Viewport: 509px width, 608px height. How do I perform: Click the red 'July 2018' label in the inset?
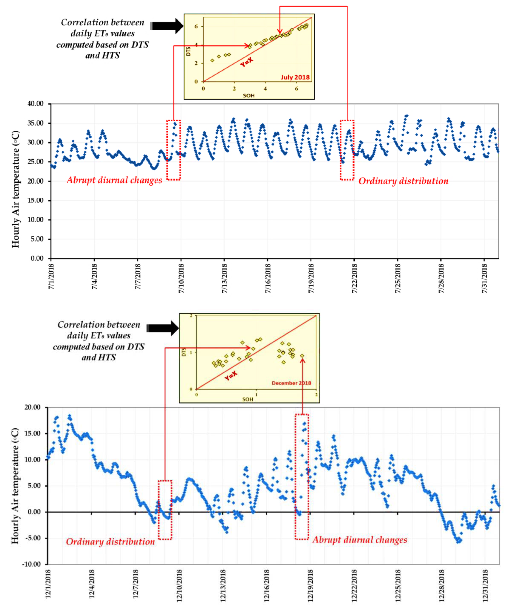tap(295, 77)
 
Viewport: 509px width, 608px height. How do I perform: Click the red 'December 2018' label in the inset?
tap(291, 383)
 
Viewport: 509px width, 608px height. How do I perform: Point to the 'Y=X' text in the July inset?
tap(247, 62)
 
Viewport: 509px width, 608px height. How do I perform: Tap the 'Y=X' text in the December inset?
tap(231, 376)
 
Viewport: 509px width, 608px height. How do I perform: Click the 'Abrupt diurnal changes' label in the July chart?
tap(114, 180)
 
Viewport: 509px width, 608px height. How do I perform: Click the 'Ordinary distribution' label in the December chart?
tap(110, 542)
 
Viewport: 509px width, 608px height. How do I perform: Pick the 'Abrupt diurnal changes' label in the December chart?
tap(360, 540)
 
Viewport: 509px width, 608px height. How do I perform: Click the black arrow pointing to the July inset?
tap(167, 26)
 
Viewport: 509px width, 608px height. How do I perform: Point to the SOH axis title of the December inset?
tap(248, 399)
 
